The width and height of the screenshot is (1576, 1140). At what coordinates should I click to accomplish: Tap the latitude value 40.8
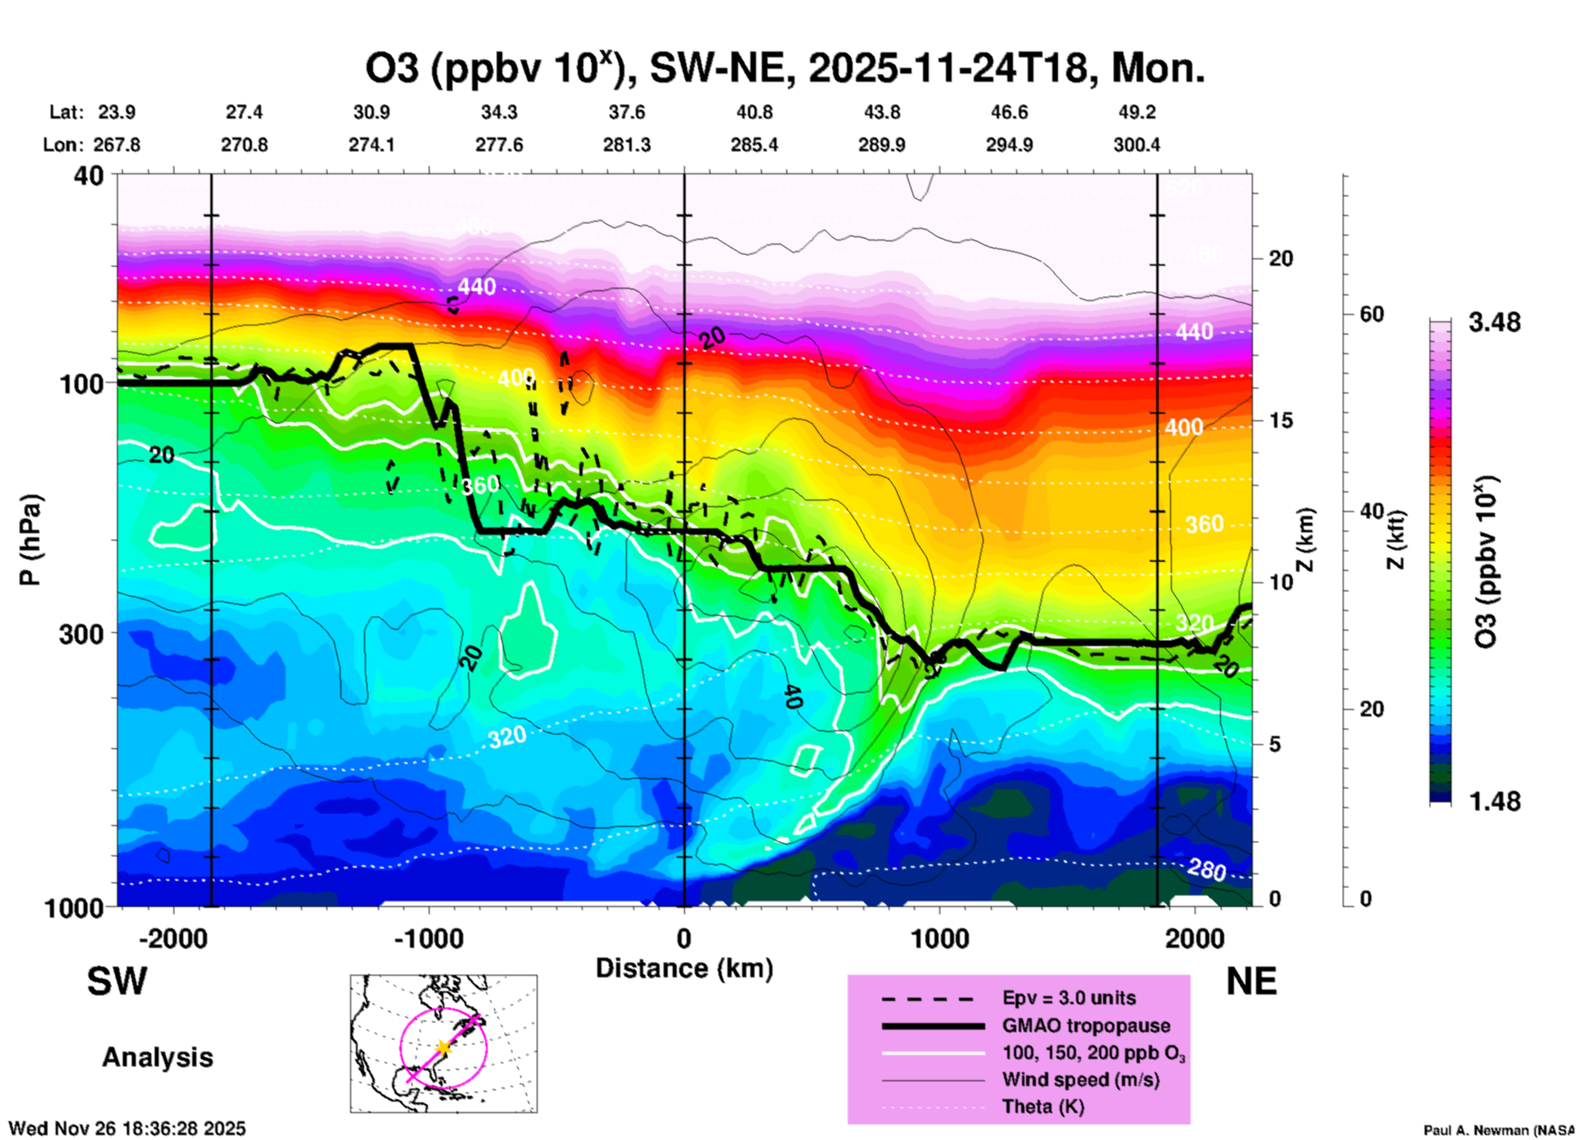(754, 112)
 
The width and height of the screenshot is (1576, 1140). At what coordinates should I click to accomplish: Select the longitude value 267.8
(117, 145)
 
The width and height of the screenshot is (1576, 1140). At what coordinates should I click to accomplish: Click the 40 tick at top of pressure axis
(90, 175)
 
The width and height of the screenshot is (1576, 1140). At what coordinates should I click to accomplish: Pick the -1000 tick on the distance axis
(429, 939)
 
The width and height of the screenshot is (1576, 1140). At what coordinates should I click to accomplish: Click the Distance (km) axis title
(684, 968)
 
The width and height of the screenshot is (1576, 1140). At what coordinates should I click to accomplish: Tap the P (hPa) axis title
(30, 540)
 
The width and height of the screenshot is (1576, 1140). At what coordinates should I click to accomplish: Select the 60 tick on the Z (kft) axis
(1371, 315)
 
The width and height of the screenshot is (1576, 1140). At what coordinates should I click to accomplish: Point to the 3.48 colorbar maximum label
(1494, 323)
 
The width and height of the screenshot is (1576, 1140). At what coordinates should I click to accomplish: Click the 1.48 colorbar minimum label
(1494, 801)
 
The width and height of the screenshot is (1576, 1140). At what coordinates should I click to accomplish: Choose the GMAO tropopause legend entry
(1086, 1026)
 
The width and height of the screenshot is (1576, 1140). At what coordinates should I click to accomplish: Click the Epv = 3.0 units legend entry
(1069, 998)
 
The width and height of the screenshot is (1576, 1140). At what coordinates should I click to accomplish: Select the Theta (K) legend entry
(1042, 1106)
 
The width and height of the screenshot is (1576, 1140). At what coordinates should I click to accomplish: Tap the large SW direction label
(117, 981)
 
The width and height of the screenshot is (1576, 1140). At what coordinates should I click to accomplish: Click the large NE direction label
(1251, 981)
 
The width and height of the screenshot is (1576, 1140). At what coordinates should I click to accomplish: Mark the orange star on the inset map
(443, 1048)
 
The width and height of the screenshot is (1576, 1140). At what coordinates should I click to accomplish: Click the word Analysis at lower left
(157, 1057)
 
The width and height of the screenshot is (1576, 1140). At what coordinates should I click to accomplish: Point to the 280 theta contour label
(1206, 870)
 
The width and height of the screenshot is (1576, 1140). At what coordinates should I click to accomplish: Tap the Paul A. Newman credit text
(1498, 1130)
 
